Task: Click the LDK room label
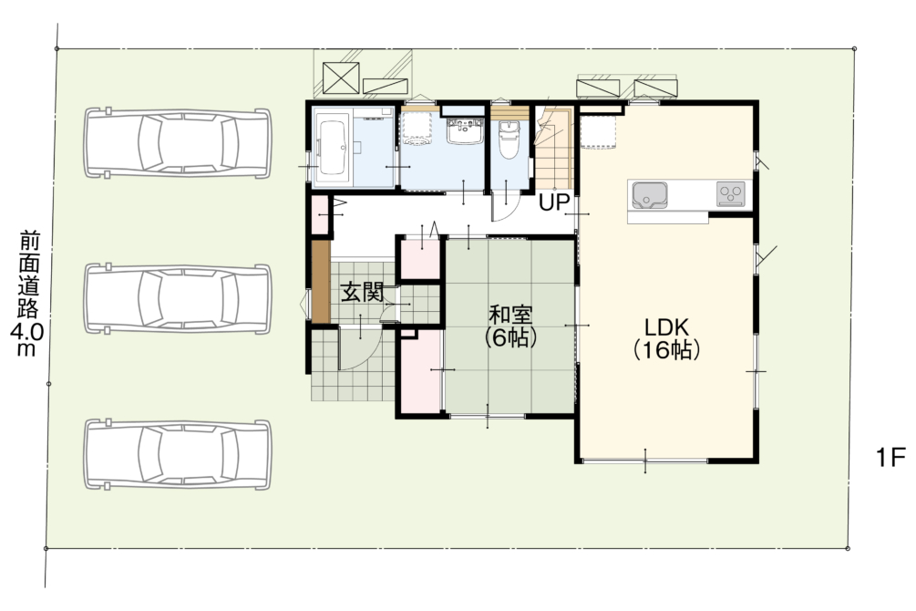(666, 326)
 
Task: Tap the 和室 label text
(510, 315)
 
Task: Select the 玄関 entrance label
(362, 292)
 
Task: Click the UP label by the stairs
(554, 202)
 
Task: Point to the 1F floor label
(890, 457)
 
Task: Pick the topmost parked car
(178, 142)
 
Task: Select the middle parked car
(178, 299)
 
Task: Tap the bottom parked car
(178, 454)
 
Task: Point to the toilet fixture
(509, 140)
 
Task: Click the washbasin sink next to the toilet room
(465, 130)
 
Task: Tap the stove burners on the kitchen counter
(731, 194)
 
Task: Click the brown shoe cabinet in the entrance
(320, 281)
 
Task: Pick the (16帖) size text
(666, 349)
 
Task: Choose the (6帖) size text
(510, 337)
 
